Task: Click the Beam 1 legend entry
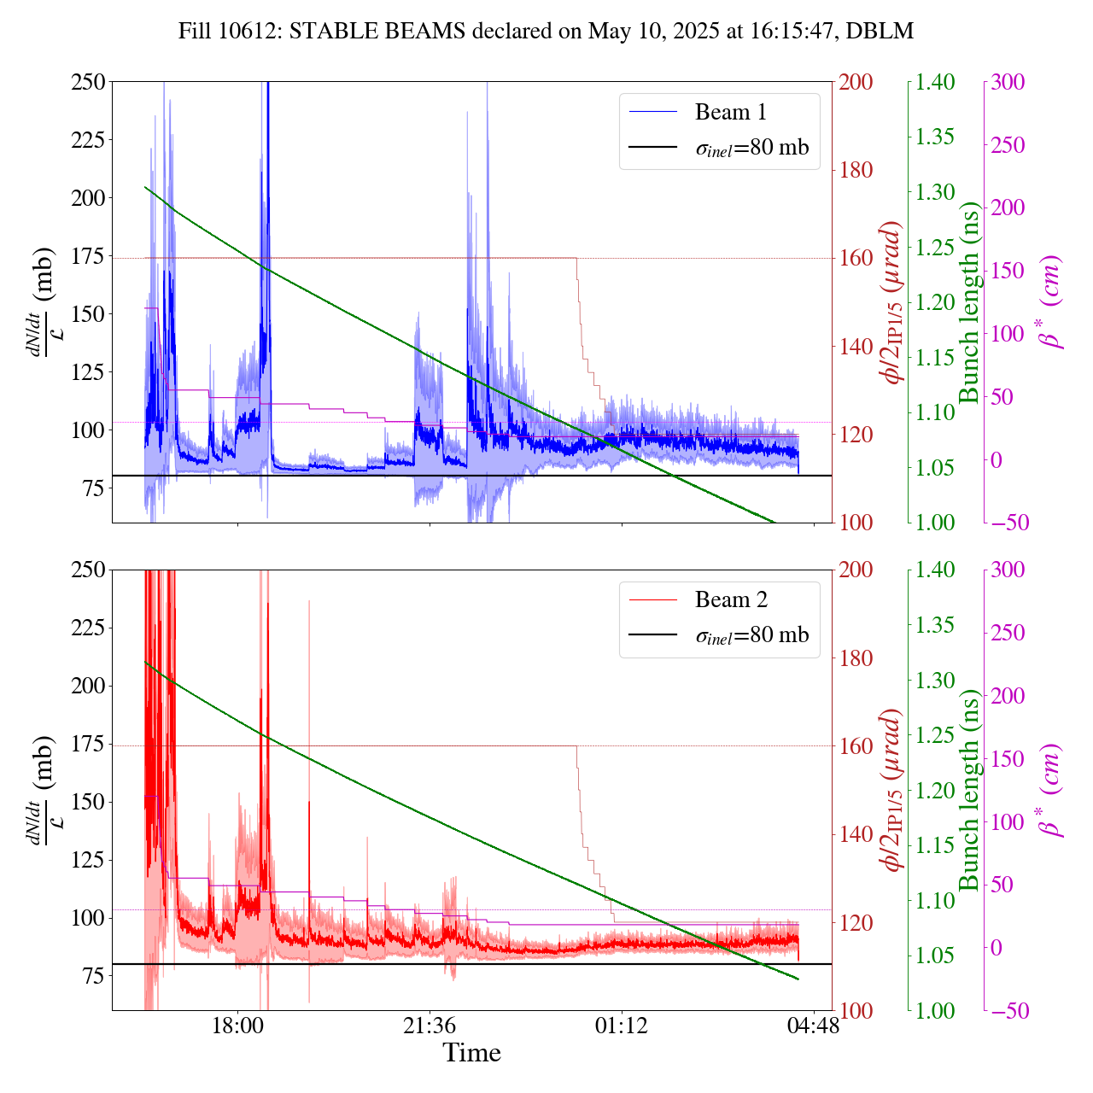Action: click(730, 112)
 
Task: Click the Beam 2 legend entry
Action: click(730, 600)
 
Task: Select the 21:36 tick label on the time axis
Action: click(430, 1025)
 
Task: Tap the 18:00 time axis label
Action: click(237, 1025)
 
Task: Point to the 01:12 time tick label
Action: click(622, 1025)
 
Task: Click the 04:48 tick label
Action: click(813, 1025)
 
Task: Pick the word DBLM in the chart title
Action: click(884, 32)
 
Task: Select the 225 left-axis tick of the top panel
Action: click(88, 140)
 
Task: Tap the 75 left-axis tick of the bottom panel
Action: click(94, 976)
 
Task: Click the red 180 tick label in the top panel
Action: click(856, 170)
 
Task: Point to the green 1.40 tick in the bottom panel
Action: click(937, 570)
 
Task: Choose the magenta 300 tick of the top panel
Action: click(1008, 82)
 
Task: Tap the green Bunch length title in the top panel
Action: click(969, 303)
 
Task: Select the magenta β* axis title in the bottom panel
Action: click(1051, 790)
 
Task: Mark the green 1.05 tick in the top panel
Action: click(937, 468)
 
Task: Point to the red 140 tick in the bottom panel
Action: click(856, 834)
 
